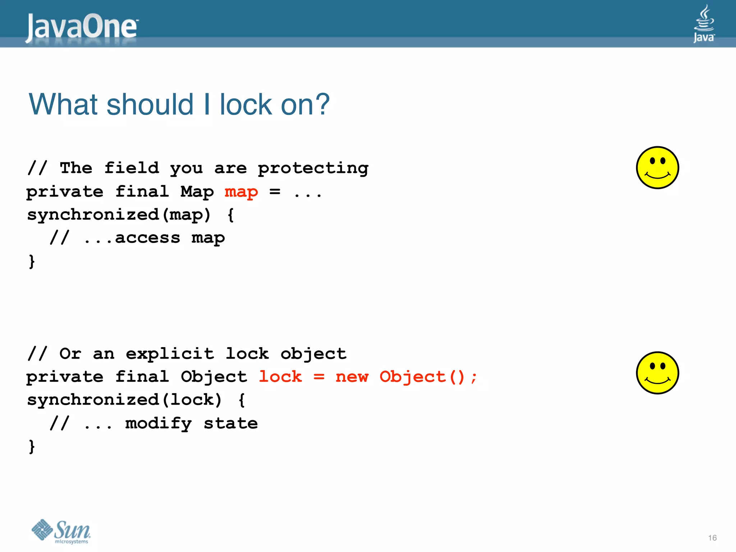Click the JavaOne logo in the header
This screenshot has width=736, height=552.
(82, 27)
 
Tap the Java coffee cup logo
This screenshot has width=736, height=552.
(704, 24)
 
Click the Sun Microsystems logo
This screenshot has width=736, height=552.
(61, 531)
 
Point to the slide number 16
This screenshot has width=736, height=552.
(712, 538)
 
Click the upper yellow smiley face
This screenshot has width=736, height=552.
(657, 167)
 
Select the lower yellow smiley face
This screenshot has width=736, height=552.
(657, 373)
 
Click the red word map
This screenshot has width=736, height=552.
(241, 192)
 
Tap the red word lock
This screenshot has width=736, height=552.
(280, 377)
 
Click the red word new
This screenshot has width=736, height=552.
(352, 377)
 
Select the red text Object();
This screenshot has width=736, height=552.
(428, 377)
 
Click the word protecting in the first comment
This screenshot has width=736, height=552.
(313, 168)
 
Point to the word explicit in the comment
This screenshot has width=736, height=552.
(170, 354)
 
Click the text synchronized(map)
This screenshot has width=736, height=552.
(119, 215)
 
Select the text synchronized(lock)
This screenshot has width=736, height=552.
(124, 400)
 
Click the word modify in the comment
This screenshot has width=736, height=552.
(158, 423)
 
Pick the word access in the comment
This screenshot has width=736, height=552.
(147, 238)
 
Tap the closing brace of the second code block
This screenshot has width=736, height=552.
(32, 446)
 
